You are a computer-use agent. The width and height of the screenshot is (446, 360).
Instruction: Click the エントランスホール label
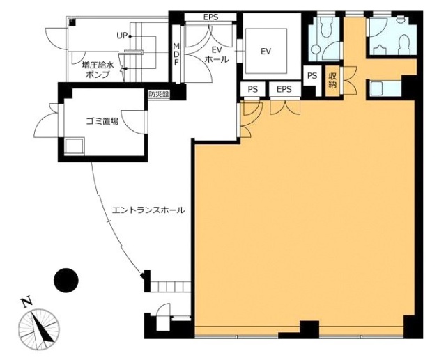click(x=148, y=210)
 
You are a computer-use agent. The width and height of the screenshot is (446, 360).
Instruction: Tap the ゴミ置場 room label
click(x=102, y=121)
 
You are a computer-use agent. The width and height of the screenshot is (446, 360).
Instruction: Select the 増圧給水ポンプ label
click(x=98, y=70)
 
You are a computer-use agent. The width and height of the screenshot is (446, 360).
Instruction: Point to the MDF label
click(x=176, y=54)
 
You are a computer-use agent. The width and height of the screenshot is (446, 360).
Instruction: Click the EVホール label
click(x=217, y=55)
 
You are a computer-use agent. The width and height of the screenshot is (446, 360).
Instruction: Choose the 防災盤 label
click(x=158, y=94)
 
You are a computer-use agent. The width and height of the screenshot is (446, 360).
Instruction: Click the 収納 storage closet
click(x=333, y=81)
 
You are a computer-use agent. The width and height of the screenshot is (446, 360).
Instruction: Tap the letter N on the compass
click(x=27, y=303)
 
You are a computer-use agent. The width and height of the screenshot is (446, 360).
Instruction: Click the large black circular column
click(x=66, y=281)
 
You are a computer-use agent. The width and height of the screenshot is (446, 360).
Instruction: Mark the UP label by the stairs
click(x=122, y=36)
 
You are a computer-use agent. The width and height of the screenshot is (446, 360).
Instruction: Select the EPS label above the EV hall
click(x=210, y=17)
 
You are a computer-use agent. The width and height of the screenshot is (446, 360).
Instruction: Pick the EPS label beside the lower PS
click(x=284, y=90)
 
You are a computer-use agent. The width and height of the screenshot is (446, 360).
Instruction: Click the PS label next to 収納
click(x=312, y=76)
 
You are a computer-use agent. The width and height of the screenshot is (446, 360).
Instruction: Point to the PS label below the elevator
click(x=252, y=90)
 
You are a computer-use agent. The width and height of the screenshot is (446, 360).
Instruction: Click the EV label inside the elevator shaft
click(x=266, y=52)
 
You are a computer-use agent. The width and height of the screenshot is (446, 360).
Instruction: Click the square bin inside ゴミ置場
click(x=75, y=146)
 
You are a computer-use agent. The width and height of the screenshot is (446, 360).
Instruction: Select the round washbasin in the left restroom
click(x=316, y=49)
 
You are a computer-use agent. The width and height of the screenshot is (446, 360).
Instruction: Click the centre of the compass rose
click(x=39, y=329)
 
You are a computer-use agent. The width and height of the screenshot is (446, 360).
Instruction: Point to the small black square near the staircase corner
click(x=72, y=22)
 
